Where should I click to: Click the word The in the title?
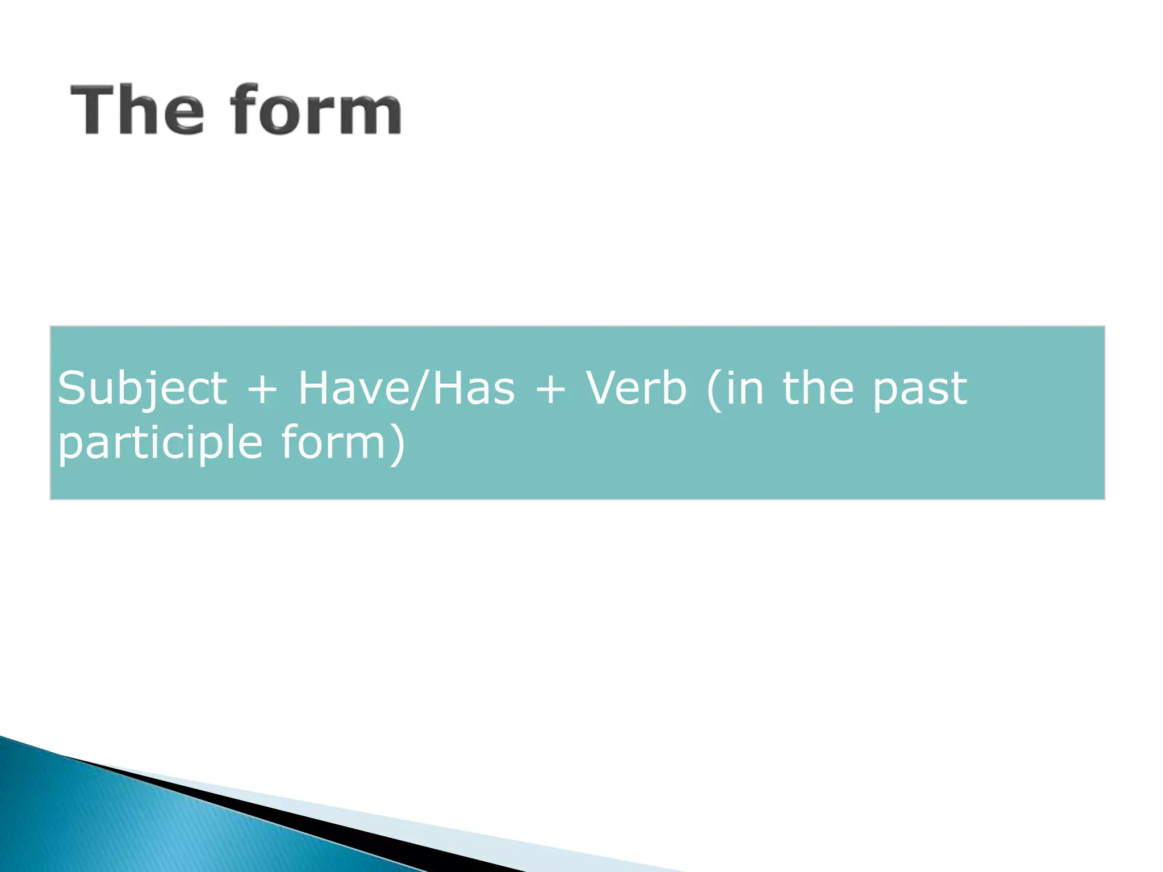point(136,109)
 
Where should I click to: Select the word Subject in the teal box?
point(142,389)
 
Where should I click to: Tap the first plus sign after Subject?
point(262,389)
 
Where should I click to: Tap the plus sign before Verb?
point(550,389)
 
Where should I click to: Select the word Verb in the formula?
point(636,388)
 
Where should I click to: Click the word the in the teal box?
point(818,388)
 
